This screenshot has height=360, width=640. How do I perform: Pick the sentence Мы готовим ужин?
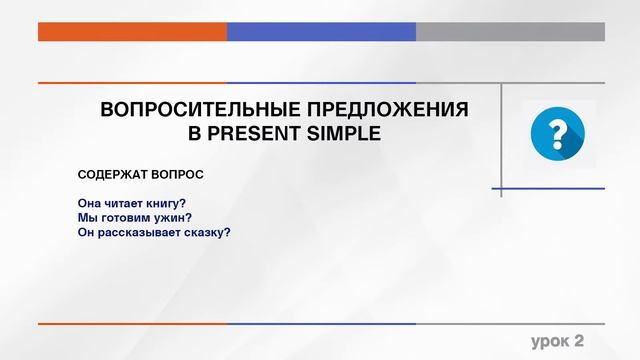(x=134, y=217)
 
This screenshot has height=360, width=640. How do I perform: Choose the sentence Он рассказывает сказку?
(x=154, y=232)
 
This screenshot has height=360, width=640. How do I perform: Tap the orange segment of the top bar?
(x=132, y=31)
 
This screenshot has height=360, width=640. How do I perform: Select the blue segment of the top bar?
(x=321, y=31)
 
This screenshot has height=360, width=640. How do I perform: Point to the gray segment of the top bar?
(x=510, y=31)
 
